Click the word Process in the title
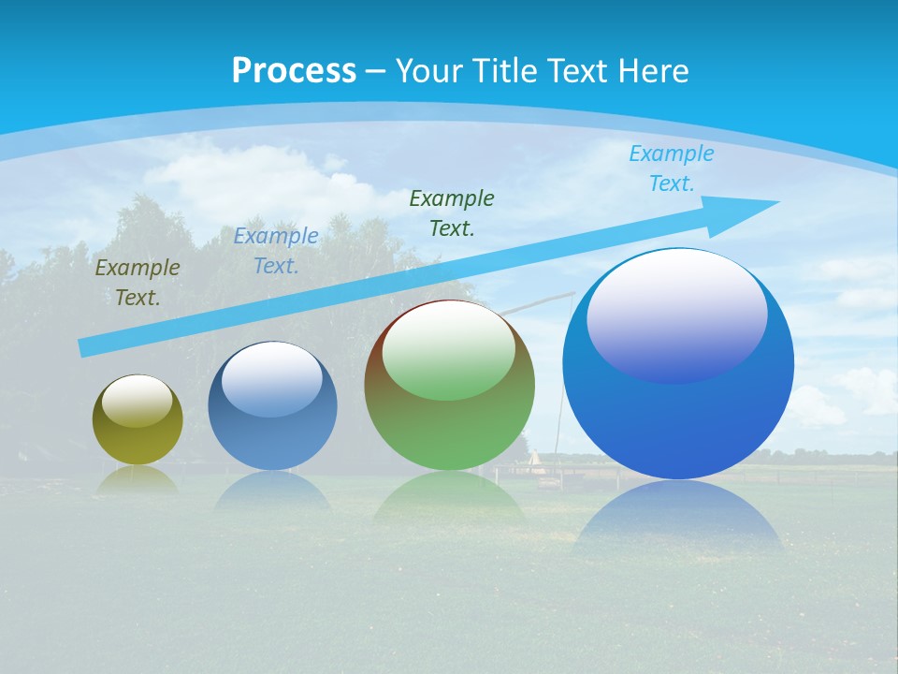point(294,71)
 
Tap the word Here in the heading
point(652,71)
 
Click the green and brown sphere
point(449,421)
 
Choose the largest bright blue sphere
point(678,412)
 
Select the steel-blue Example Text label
point(276,251)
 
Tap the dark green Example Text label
point(452,213)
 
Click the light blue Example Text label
point(671,168)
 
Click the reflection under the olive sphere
point(138,479)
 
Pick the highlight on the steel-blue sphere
point(272,379)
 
